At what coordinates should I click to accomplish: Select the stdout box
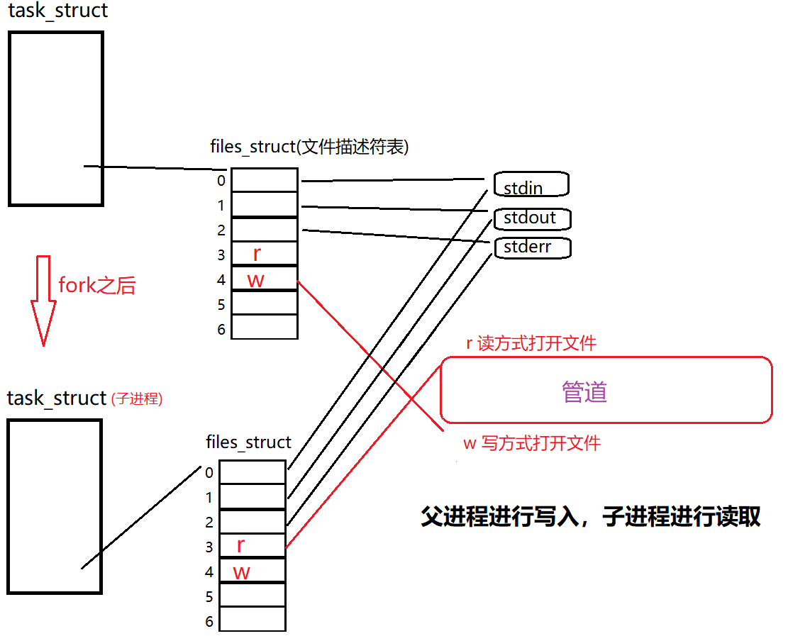[x=532, y=218]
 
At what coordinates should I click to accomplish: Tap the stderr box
[x=532, y=247]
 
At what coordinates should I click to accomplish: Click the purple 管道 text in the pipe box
[x=584, y=391]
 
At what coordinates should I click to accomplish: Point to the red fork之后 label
[x=96, y=285]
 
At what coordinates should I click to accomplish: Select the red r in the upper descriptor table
[x=257, y=253]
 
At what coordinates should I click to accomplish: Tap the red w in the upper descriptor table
[x=255, y=279]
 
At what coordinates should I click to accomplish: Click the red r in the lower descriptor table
[x=240, y=545]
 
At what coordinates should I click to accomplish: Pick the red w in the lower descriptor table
[x=241, y=571]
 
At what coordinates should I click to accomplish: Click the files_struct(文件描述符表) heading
[x=309, y=147]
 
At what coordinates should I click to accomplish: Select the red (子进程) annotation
[x=137, y=399]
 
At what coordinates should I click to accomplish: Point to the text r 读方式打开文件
[x=531, y=344]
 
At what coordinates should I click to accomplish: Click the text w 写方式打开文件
[x=531, y=444]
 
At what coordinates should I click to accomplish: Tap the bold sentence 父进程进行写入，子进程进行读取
[x=590, y=516]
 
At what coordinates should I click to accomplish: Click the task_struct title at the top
[x=58, y=11]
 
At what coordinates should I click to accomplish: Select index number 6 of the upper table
[x=221, y=329]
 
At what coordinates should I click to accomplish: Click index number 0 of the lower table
[x=209, y=472]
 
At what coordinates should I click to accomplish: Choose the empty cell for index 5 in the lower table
[x=252, y=595]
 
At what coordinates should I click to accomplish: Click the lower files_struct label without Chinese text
[x=248, y=442]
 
